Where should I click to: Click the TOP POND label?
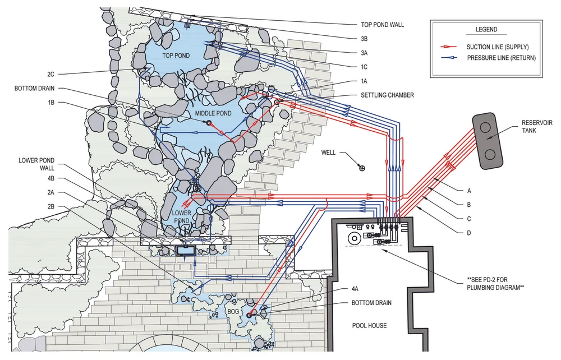point(176,56)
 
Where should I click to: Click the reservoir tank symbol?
point(487,140)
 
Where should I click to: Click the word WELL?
point(329,153)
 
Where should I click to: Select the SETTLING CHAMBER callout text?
point(388,95)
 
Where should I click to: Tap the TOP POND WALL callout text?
point(383,25)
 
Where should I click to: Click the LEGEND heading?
point(486,30)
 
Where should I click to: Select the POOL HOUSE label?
point(370,325)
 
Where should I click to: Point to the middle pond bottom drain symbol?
point(208,122)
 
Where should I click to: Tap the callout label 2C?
point(50,74)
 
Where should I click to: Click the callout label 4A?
point(355,289)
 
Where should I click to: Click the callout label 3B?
point(364,39)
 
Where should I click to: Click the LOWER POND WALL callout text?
point(36,164)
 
